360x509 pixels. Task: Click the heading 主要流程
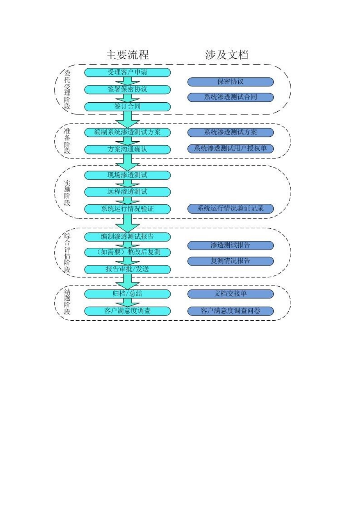pyautogui.click(x=127, y=55)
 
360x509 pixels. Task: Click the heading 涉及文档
pyautogui.click(x=227, y=55)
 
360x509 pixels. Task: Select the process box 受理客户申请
pyautogui.click(x=127, y=72)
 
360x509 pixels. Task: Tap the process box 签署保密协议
pyautogui.click(x=127, y=89)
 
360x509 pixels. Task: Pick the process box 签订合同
pyautogui.click(x=127, y=106)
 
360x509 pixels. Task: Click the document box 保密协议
pyautogui.click(x=230, y=82)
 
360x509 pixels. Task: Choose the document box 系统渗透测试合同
pyautogui.click(x=230, y=97)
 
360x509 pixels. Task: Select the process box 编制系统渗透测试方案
pyautogui.click(x=127, y=132)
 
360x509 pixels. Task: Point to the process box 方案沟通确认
pyautogui.click(x=127, y=149)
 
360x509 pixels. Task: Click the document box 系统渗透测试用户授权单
pyautogui.click(x=230, y=148)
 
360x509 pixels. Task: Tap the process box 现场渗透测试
pyautogui.click(x=127, y=175)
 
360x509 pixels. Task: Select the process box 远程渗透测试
pyautogui.click(x=127, y=192)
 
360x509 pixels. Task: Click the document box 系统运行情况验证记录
pyautogui.click(x=230, y=208)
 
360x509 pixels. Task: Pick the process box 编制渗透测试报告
pyautogui.click(x=127, y=237)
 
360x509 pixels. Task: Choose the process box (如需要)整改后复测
pyautogui.click(x=127, y=252)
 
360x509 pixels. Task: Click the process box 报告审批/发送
pyautogui.click(x=127, y=269)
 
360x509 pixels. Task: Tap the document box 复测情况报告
pyautogui.click(x=230, y=261)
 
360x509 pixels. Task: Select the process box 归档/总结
pyautogui.click(x=127, y=294)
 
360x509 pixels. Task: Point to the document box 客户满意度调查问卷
pyautogui.click(x=230, y=311)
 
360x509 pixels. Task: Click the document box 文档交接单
pyautogui.click(x=230, y=294)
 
